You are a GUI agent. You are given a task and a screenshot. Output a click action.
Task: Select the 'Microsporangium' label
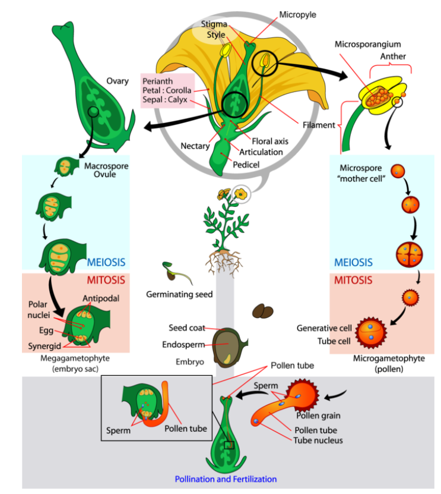point(368,44)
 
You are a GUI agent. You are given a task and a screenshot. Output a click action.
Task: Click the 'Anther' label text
point(393,56)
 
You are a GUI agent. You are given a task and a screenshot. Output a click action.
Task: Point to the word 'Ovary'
point(118,81)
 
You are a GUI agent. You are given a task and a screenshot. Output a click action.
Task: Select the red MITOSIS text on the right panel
point(354,280)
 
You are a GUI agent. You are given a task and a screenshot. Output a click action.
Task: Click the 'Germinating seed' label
point(179,295)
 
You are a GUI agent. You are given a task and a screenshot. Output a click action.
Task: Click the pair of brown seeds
point(263,312)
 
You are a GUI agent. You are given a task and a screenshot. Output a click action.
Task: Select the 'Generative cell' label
point(324,328)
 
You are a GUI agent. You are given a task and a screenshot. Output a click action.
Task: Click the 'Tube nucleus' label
point(318,440)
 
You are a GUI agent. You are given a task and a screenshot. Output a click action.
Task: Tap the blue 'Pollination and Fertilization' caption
point(225,479)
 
